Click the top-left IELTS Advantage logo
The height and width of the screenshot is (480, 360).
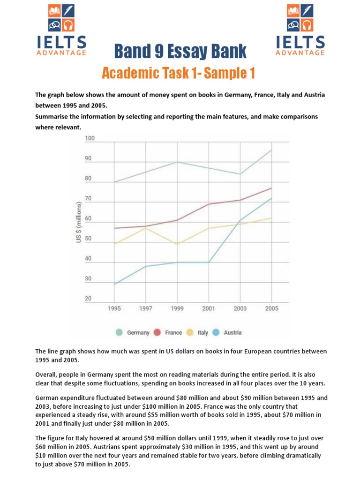[61, 30]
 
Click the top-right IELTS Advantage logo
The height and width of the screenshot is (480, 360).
[300, 30]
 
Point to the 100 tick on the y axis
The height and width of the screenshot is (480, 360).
[90, 139]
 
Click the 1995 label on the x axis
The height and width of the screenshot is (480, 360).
[114, 308]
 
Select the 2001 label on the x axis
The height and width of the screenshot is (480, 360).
[209, 308]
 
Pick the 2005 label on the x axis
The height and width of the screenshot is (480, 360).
[271, 308]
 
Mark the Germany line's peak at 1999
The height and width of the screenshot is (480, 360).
[177, 162]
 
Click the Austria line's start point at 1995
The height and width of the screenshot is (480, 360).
[114, 284]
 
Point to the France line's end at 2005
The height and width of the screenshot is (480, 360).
[271, 188]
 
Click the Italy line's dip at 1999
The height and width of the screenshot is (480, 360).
[177, 244]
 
